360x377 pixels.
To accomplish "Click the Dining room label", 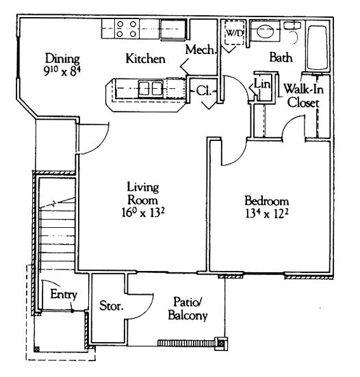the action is click(x=62, y=59).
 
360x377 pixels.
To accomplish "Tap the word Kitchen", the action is click(x=146, y=59).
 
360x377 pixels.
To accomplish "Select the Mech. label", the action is click(x=201, y=50).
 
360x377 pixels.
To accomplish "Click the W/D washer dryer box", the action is click(x=235, y=32).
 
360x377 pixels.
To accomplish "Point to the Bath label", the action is click(x=281, y=57).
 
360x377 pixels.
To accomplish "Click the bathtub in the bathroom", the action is click(x=317, y=47).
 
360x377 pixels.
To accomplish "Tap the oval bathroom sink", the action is click(x=265, y=31).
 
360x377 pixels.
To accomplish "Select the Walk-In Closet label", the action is click(x=304, y=96).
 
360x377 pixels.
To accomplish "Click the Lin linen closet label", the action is click(x=262, y=84).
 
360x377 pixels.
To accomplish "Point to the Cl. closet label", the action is click(x=204, y=91).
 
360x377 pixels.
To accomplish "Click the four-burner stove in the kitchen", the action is click(x=127, y=29).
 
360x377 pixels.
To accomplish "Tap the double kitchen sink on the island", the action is click(x=151, y=88).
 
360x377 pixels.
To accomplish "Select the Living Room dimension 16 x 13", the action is click(x=143, y=212).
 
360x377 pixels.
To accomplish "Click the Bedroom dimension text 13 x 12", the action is click(x=267, y=213).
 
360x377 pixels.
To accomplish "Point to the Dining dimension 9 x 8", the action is click(x=62, y=71).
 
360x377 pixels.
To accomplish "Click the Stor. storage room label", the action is click(x=112, y=306).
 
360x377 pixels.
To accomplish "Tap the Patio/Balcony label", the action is click(x=188, y=309).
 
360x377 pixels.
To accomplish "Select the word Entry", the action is click(x=64, y=294).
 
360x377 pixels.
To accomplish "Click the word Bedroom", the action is click(x=267, y=201).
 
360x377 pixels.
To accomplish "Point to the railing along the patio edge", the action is click(x=186, y=343).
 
